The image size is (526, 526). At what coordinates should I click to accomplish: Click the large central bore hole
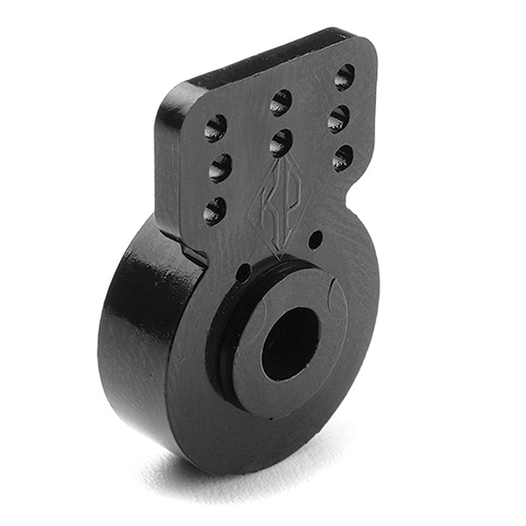click(x=290, y=344)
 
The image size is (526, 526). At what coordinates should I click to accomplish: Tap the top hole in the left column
click(x=216, y=128)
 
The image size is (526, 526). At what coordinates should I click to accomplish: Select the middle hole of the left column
click(x=220, y=167)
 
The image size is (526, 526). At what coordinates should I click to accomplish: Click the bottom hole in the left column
click(x=215, y=210)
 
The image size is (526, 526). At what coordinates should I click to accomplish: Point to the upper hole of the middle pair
click(x=281, y=103)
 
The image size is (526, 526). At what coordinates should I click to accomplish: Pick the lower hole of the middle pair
click(x=281, y=142)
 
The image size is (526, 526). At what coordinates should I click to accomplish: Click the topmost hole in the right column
click(x=345, y=76)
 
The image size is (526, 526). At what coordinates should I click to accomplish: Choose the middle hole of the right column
click(x=338, y=118)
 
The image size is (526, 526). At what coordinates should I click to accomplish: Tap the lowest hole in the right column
click(x=343, y=158)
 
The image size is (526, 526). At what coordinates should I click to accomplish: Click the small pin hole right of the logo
click(x=316, y=238)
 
